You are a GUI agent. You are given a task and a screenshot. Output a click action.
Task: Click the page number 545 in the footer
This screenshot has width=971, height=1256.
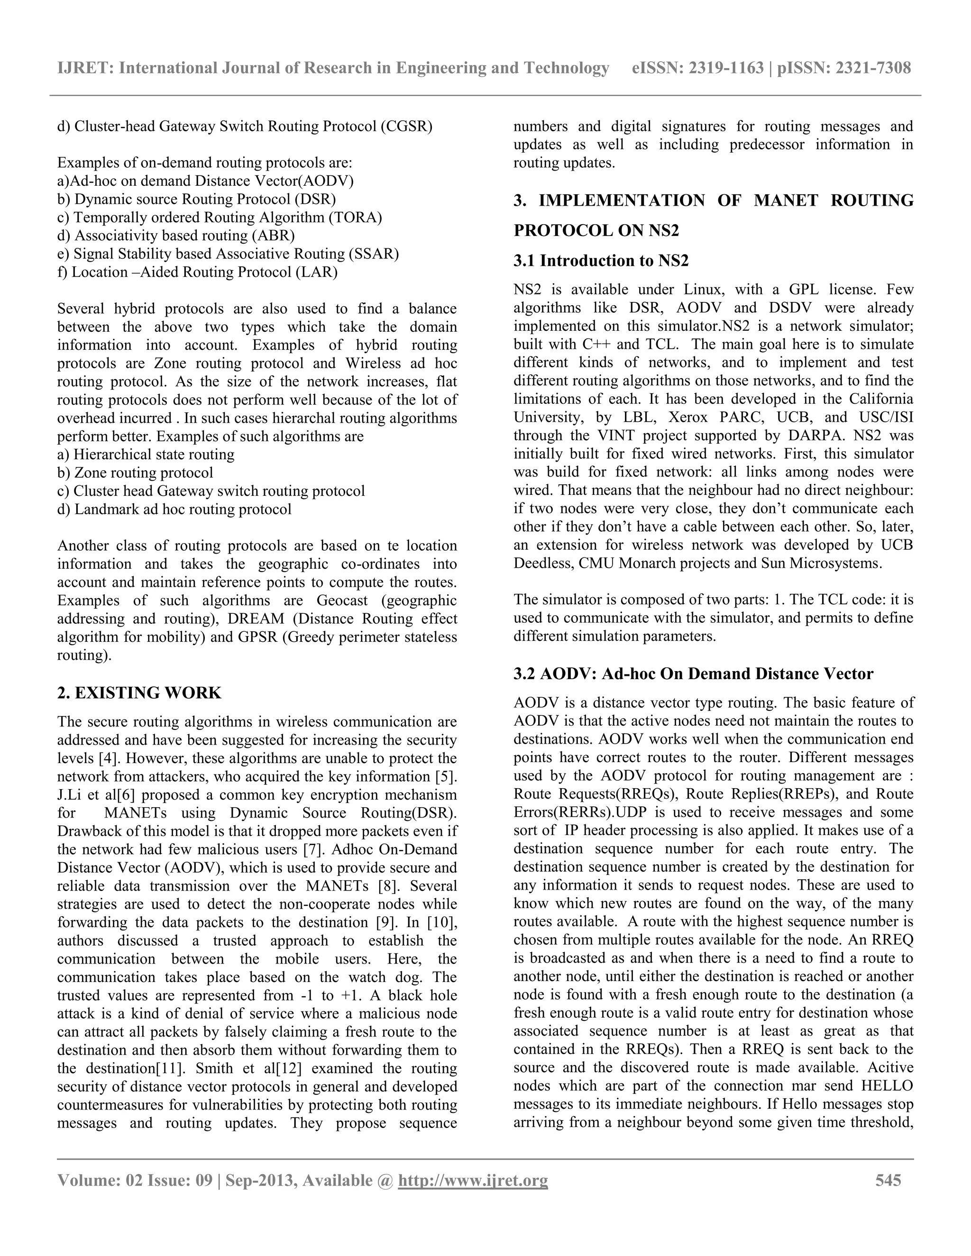(x=888, y=1181)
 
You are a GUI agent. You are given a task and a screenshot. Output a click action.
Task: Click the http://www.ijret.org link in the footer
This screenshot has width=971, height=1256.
(x=473, y=1181)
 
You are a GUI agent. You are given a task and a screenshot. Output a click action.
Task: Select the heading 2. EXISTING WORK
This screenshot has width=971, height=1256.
(x=139, y=692)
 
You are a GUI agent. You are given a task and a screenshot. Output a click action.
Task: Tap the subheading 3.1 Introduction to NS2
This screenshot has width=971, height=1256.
(x=601, y=261)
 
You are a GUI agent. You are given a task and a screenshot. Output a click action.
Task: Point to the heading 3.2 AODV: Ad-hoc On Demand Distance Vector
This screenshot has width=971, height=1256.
(x=693, y=674)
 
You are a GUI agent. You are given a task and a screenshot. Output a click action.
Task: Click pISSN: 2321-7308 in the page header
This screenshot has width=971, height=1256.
(x=844, y=68)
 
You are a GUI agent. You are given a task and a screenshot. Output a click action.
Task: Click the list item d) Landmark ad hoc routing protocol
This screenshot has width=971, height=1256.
(x=174, y=509)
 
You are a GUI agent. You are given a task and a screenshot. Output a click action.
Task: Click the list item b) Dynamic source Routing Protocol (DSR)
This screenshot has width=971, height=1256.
(x=197, y=199)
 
